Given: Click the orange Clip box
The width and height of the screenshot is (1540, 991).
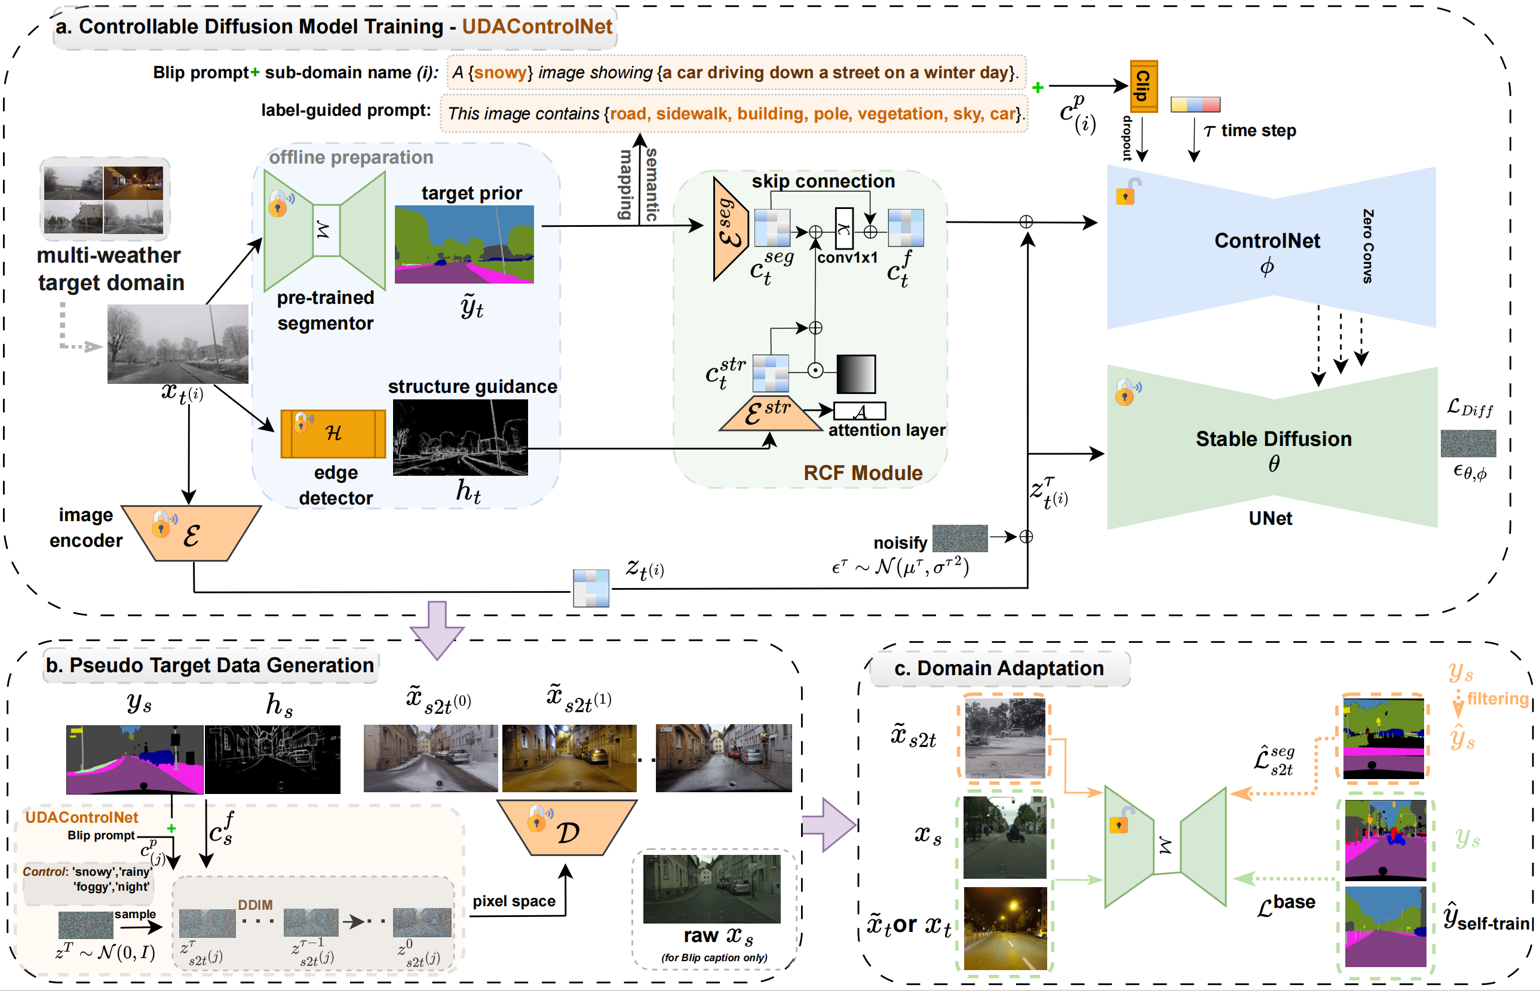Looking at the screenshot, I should [1143, 86].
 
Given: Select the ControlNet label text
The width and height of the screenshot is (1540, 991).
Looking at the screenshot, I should [1266, 241].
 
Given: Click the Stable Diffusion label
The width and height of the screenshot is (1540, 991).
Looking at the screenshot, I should [1273, 439].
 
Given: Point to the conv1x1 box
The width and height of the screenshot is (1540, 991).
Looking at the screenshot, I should [843, 229].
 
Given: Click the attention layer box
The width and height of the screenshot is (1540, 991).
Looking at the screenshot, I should [860, 411].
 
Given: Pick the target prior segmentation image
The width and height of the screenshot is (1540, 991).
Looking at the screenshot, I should [464, 245].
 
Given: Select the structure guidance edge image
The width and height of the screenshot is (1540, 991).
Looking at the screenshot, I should [460, 438].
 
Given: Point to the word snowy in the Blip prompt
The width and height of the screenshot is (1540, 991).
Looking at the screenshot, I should [499, 73].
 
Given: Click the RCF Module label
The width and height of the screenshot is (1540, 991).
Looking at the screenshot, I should [862, 473].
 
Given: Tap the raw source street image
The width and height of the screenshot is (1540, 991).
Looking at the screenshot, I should [711, 889].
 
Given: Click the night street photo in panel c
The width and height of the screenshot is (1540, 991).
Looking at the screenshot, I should [1004, 928].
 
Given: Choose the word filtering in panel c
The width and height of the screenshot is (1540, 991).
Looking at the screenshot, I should [1497, 699].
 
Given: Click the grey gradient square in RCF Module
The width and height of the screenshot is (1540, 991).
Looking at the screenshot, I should [855, 374].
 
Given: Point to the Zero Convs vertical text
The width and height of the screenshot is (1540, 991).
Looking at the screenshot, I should [1367, 246].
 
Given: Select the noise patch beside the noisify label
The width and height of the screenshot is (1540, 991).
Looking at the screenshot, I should [959, 538].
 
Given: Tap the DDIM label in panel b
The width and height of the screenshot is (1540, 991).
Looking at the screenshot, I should [255, 905].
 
